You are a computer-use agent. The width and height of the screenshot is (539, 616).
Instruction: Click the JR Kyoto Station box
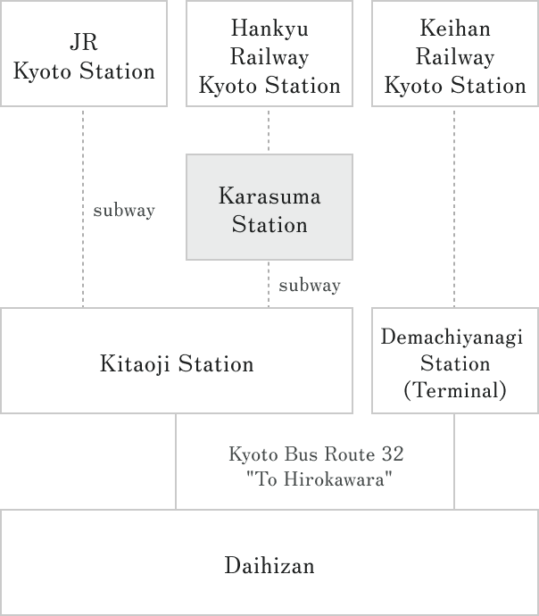83,54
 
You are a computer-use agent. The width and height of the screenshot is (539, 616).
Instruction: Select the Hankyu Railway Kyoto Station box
269,54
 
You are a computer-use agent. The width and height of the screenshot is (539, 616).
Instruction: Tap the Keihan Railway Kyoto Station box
454,54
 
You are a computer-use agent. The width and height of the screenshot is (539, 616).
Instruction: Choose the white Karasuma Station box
269,207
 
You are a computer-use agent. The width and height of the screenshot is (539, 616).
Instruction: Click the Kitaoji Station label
177,364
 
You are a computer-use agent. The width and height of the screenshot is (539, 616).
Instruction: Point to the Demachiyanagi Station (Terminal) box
454,362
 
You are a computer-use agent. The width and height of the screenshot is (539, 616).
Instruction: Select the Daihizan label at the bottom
269,566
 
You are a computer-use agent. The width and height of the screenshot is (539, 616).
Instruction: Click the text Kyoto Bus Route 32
316,454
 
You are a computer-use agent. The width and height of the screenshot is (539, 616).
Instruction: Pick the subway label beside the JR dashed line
124,212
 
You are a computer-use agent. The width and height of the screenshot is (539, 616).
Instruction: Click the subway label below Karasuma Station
310,287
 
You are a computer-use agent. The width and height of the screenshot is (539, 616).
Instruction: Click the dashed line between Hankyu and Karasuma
269,130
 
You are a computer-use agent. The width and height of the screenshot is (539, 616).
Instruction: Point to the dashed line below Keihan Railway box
454,205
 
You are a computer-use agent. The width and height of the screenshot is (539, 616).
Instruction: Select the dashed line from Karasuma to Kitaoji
269,284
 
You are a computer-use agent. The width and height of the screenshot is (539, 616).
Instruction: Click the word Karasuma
269,196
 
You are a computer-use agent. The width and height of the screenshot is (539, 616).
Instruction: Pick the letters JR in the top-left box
83,42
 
